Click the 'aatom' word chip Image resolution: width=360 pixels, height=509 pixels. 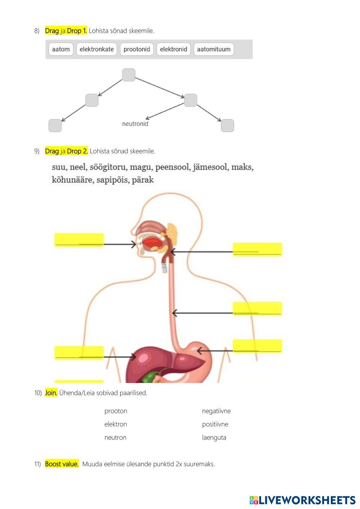61,49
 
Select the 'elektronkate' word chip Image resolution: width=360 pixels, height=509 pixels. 96,49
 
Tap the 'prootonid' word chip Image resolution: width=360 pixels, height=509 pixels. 137,49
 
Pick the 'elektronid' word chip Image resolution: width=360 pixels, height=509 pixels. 174,49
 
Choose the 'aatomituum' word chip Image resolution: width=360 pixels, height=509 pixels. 214,49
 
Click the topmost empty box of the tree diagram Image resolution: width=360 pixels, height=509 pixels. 129,75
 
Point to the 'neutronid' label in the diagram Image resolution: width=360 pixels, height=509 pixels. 135,124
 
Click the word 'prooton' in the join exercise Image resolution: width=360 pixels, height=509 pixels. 116,411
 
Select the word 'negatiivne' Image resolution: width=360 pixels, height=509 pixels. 216,411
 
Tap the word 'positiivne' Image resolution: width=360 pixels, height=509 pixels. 215,424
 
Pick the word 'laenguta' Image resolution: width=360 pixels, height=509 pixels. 214,438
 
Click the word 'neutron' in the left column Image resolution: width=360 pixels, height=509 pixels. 115,438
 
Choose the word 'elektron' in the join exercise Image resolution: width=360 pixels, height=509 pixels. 116,424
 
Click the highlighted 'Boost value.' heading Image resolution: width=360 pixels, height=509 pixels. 62,464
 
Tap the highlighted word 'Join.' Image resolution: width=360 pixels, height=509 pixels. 51,393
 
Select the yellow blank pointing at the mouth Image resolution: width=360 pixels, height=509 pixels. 79,240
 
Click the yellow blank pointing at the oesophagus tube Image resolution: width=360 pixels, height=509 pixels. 257,309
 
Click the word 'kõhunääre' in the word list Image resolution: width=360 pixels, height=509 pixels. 72,180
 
